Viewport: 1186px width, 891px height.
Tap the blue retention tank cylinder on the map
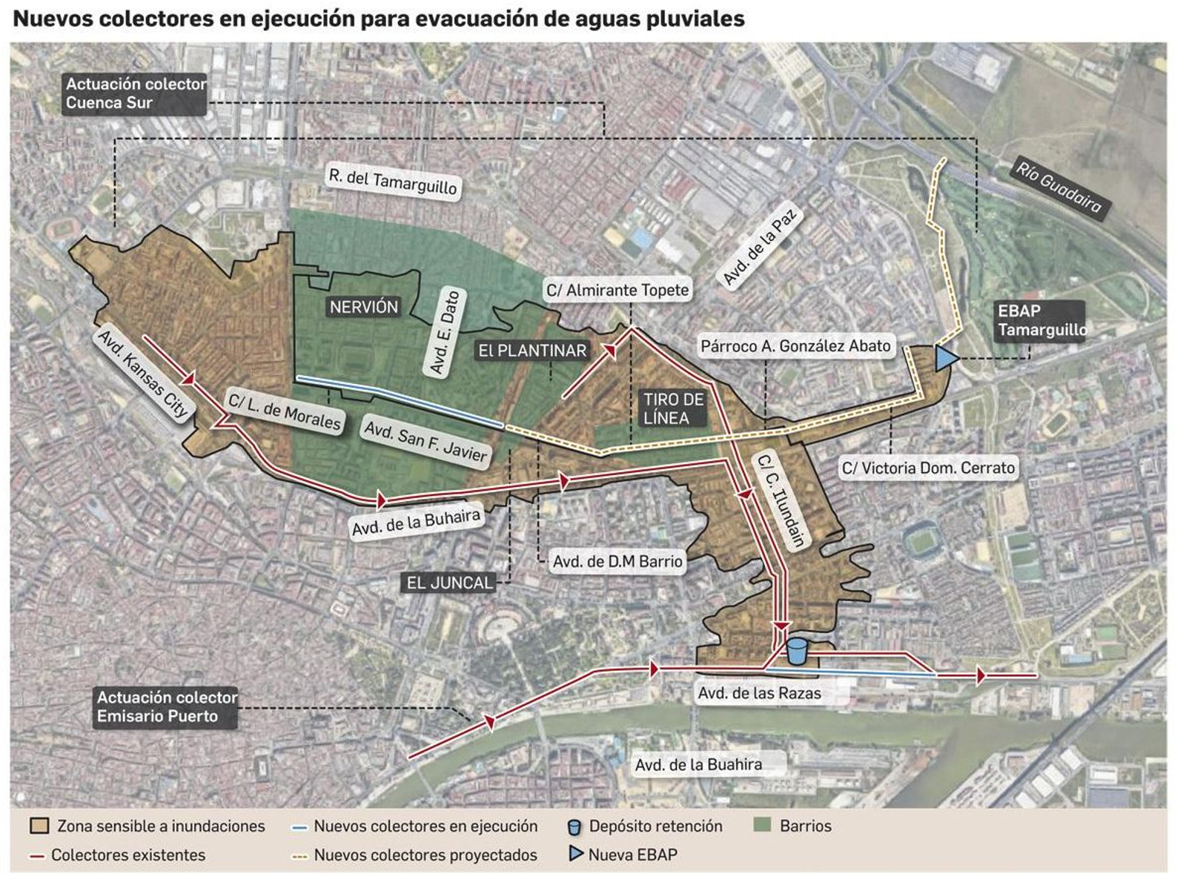(796, 652)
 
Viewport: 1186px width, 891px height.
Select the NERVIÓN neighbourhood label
(363, 307)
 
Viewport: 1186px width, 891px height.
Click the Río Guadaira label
(1058, 188)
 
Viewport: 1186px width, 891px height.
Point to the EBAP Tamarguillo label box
(1040, 320)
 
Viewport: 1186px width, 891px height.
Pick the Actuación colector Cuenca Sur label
(136, 93)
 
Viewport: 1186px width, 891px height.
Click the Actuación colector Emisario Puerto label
(167, 707)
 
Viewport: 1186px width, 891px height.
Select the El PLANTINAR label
(532, 351)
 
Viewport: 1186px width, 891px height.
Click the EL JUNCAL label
(449, 583)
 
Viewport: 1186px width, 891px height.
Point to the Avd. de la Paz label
(759, 247)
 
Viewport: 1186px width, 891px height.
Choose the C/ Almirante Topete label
(617, 290)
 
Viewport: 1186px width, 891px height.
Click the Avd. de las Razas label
(759, 693)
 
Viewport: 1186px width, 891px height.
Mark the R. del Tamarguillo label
(393, 181)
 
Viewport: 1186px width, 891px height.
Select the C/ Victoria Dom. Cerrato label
(927, 468)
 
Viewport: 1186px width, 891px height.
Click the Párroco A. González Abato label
(795, 345)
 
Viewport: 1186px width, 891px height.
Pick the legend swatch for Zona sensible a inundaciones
(39, 826)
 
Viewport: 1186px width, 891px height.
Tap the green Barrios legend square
(762, 825)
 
